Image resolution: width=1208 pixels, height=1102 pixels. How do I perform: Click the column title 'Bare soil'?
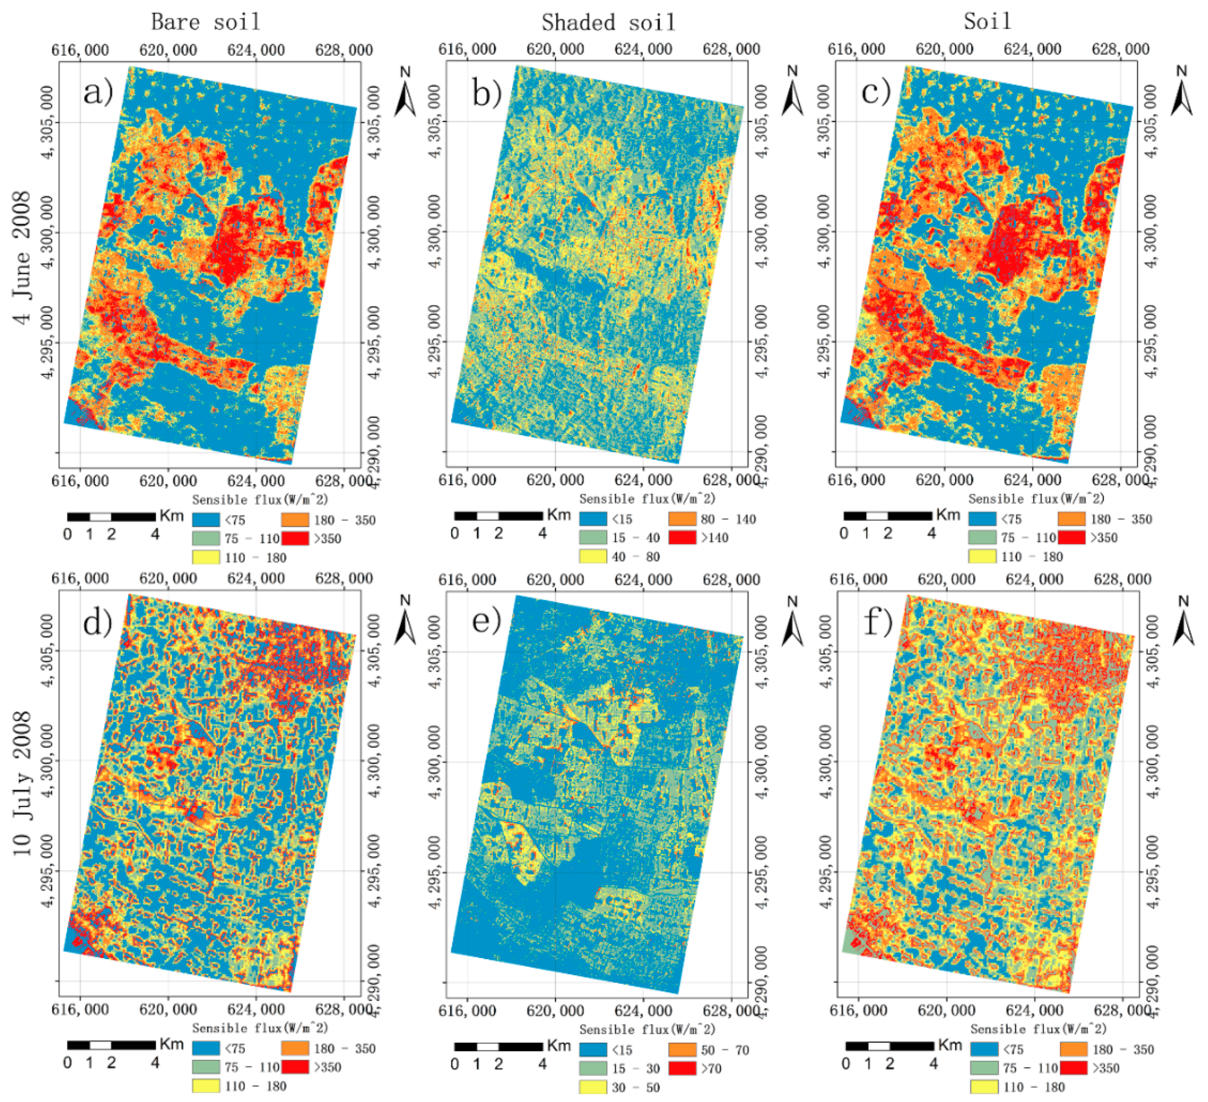tap(205, 22)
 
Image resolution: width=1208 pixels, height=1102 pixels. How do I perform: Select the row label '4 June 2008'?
tap(22, 258)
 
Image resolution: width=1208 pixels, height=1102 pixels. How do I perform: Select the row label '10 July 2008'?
tap(22, 783)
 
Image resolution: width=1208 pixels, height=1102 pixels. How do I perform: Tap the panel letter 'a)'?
tap(98, 92)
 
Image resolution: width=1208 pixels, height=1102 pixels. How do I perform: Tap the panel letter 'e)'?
tap(486, 621)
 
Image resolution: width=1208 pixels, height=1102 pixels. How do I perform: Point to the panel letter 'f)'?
tap(878, 622)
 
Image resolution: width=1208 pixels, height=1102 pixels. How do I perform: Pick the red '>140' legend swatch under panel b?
tap(682, 537)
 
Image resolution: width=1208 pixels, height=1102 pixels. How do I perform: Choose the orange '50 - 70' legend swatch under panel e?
tap(682, 1050)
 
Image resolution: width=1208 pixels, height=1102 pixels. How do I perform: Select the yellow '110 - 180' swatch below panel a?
tap(205, 557)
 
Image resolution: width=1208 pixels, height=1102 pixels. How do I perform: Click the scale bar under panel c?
tap(887, 516)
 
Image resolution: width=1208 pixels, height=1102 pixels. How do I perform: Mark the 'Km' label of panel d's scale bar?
tap(171, 1044)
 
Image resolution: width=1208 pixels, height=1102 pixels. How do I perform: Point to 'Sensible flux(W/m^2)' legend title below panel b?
tap(647, 499)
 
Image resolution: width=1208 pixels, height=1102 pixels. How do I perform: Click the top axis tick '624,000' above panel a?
tap(256, 51)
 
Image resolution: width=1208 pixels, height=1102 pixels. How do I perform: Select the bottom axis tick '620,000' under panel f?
tap(946, 1010)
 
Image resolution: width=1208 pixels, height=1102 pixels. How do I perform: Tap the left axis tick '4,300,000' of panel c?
tap(825, 231)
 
